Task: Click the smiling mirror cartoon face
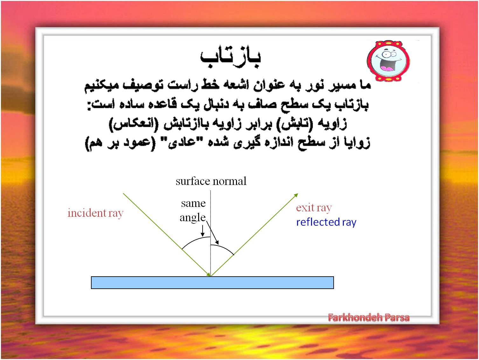pyautogui.click(x=388, y=60)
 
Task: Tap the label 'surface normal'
pyautogui.click(x=211, y=181)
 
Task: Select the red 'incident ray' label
pyautogui.click(x=95, y=213)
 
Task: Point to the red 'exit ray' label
pyautogui.click(x=314, y=208)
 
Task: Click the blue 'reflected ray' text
pyautogui.click(x=326, y=222)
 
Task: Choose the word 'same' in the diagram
pyautogui.click(x=193, y=203)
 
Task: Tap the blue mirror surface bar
pyautogui.click(x=212, y=283)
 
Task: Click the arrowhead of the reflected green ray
pyautogui.click(x=296, y=195)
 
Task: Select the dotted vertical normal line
pyautogui.click(x=211, y=233)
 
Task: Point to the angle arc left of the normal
pyautogui.click(x=195, y=240)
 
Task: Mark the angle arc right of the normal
pyautogui.click(x=224, y=248)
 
